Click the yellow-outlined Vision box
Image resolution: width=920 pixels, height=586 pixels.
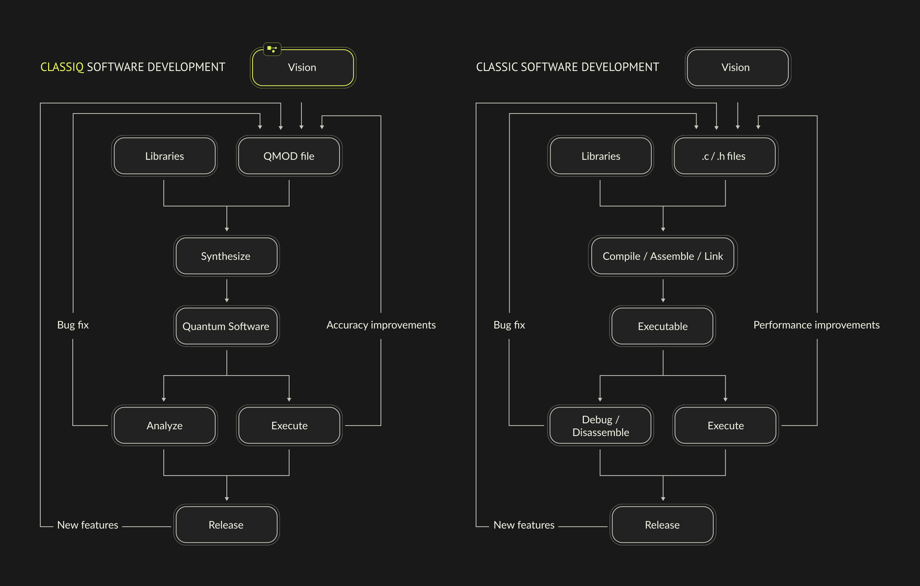pos(303,68)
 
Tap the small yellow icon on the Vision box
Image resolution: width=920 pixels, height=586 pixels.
pos(272,49)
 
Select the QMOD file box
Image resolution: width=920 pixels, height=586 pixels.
pos(289,156)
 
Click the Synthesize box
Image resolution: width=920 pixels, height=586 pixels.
pos(226,256)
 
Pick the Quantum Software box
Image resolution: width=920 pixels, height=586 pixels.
pos(226,326)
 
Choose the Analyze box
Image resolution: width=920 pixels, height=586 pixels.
pos(164,426)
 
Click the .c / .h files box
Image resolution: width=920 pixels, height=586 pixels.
pos(725,156)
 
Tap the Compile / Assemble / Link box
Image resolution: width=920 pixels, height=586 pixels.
pos(663,256)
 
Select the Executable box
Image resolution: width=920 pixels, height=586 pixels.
pos(663,326)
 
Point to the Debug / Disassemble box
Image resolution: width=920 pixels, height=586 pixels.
pos(600,426)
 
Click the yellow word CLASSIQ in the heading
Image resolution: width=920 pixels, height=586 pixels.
pos(62,67)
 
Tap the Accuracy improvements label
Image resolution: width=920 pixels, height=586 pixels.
pos(381,325)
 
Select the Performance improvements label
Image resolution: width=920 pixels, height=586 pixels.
pos(816,325)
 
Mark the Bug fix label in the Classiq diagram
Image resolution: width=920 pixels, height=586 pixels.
pos(73,325)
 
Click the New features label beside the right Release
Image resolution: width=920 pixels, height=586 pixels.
pos(524,525)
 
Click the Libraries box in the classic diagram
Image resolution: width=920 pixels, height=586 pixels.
pos(600,156)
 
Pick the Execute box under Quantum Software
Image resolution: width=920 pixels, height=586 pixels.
pos(289,426)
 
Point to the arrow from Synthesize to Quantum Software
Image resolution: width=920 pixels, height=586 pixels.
pos(226,291)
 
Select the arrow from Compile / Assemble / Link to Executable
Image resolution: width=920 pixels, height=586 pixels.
pos(663,291)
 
